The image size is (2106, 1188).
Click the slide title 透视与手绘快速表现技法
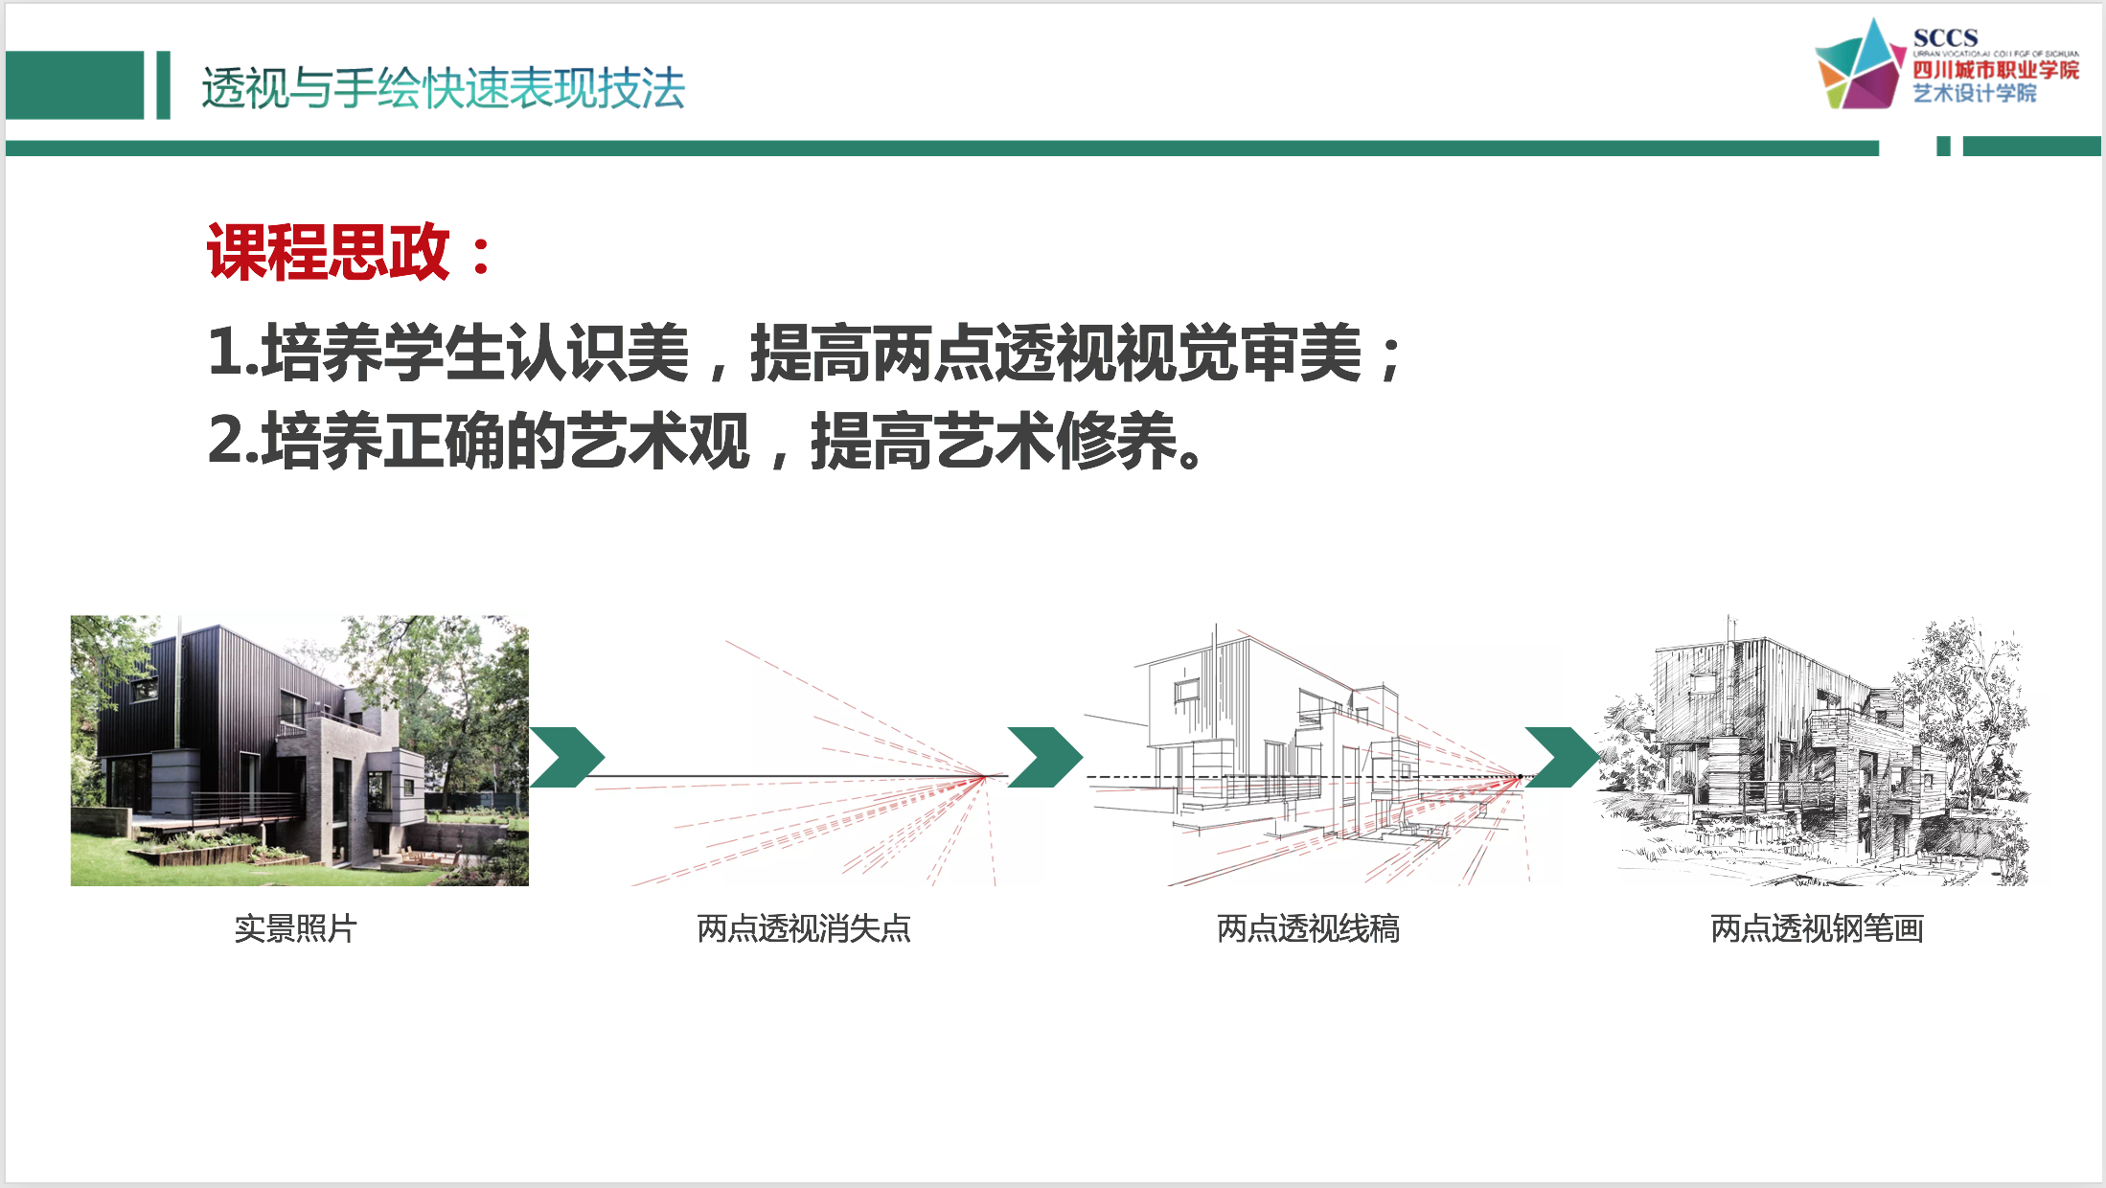pyautogui.click(x=443, y=88)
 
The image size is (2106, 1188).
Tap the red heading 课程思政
pyautogui.click(x=328, y=252)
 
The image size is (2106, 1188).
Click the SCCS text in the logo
pyautogui.click(x=1945, y=37)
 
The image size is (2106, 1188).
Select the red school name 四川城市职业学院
pyautogui.click(x=1996, y=70)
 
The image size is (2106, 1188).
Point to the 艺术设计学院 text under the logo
pyautogui.click(x=1975, y=93)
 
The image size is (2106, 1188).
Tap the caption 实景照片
pyautogui.click(x=295, y=928)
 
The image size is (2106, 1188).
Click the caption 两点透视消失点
pyautogui.click(x=804, y=928)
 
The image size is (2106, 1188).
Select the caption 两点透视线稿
pyautogui.click(x=1308, y=928)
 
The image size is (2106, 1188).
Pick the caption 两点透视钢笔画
pyautogui.click(x=1817, y=928)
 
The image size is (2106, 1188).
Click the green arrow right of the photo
pyautogui.click(x=567, y=757)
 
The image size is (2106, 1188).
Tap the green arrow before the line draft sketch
pyautogui.click(x=1045, y=757)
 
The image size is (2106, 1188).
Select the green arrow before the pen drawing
pyautogui.click(x=1562, y=757)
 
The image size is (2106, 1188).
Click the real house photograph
pyautogui.click(x=299, y=750)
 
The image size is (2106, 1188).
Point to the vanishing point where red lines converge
pyautogui.click(x=985, y=776)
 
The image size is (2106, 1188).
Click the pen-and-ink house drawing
pyautogui.click(x=1814, y=750)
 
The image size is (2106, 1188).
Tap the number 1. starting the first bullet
pyautogui.click(x=234, y=352)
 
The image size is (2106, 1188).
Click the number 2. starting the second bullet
pyautogui.click(x=234, y=440)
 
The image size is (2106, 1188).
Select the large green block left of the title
pyautogui.click(x=75, y=85)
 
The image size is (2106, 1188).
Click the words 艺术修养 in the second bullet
pyautogui.click(x=1056, y=440)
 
